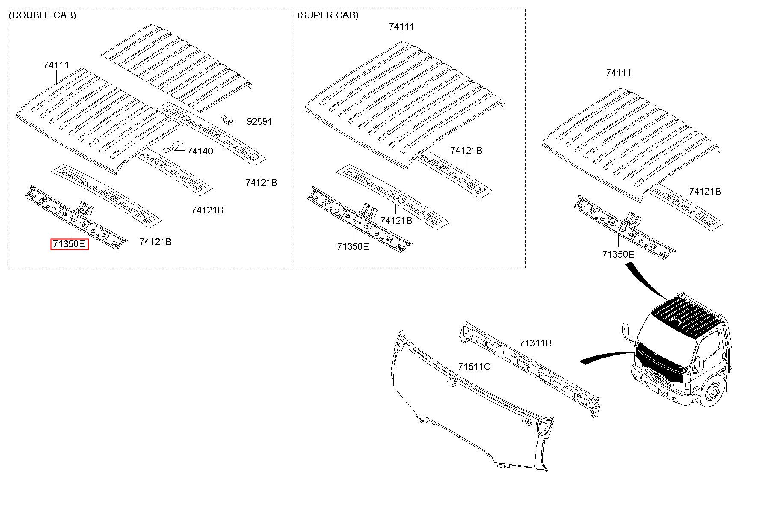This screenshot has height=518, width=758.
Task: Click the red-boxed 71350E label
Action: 70,244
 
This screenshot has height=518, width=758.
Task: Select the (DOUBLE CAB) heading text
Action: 42,15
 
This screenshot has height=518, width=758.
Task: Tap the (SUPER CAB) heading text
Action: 328,15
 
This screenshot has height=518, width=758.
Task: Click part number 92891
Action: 259,121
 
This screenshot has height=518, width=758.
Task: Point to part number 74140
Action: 200,151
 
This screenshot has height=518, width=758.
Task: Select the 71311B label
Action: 536,343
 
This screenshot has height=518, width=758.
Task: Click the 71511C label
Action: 474,367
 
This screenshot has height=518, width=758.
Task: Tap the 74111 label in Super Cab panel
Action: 401,27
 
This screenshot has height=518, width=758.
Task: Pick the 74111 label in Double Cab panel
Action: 56,65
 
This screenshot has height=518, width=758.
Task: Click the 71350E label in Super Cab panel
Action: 353,246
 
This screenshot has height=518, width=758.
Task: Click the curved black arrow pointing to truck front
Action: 606,357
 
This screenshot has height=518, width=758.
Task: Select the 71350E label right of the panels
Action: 618,254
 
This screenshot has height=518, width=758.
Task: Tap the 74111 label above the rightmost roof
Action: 619,73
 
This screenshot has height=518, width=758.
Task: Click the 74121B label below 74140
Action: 207,210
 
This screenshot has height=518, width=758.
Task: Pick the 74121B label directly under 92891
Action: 261,182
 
